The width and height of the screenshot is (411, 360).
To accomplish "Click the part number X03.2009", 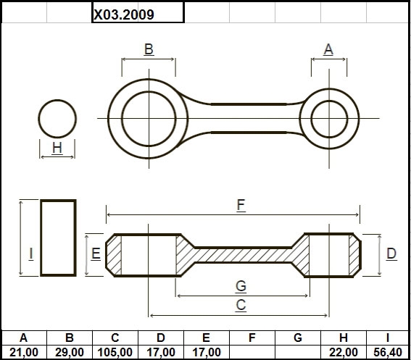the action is point(124,14).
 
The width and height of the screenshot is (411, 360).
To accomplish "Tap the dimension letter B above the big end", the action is point(149,49).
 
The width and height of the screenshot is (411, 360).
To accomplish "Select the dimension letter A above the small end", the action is point(328,49).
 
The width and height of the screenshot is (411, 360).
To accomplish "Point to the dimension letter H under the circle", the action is point(57,148).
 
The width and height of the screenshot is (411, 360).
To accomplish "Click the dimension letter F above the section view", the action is point(241,205).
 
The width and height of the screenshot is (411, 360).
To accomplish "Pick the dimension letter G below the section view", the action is point(241,285).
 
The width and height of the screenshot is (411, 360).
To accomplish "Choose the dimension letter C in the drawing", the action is point(241,305).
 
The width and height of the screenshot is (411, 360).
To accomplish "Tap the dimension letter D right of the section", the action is point(391,254).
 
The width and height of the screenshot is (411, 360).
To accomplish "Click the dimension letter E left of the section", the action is point(96,254).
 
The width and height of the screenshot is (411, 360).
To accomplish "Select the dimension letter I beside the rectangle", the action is point(31,254).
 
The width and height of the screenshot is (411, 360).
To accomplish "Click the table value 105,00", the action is point(115,353).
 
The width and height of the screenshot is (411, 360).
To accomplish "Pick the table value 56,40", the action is point(388,353).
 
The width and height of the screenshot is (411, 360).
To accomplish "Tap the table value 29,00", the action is point(70,353).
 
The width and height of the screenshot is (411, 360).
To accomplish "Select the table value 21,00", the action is point(24,353).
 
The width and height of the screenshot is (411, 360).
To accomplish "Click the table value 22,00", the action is point(344,353).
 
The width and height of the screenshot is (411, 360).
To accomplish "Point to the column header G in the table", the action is point(298,338).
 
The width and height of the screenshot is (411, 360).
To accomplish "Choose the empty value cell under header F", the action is point(252,352).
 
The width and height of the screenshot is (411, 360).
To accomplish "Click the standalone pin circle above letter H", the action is point(57,99).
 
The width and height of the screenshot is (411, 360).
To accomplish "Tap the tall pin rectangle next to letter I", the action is point(41,238).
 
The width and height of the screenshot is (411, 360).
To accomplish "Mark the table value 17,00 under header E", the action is point(207,353).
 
